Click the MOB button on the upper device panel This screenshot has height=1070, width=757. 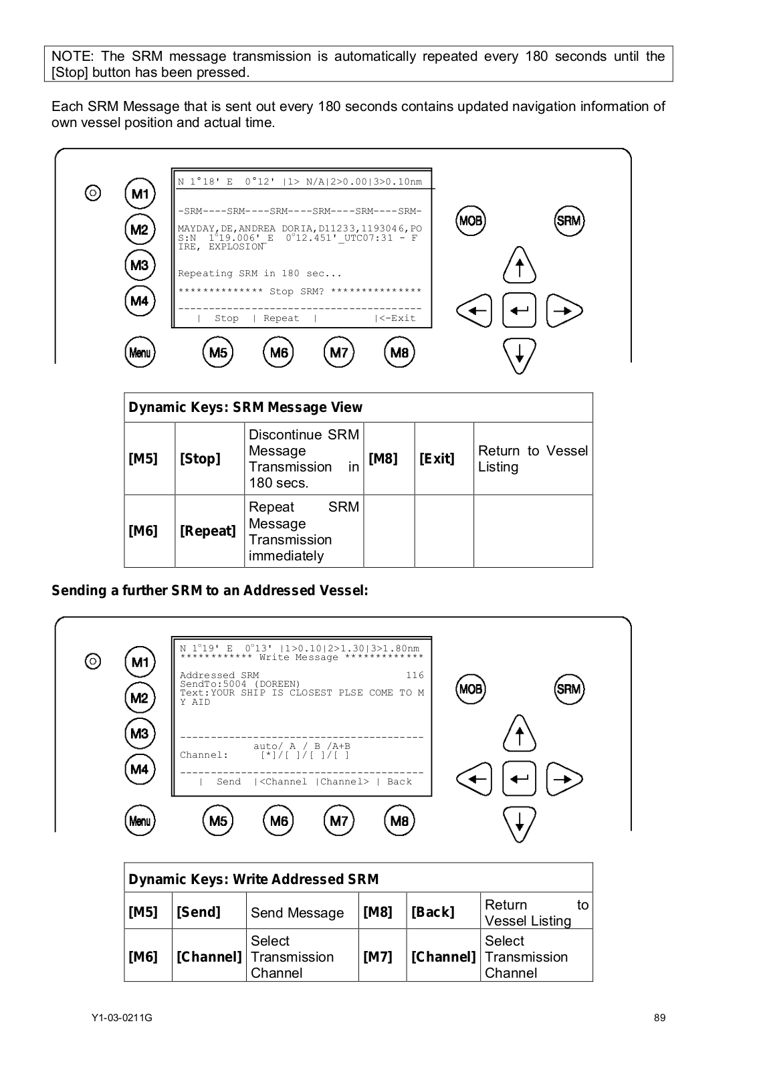(471, 221)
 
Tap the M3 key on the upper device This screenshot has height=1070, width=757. (140, 265)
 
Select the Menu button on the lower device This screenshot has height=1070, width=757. (140, 821)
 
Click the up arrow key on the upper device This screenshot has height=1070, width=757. (520, 265)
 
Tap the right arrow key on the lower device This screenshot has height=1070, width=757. (564, 779)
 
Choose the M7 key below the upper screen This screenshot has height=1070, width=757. (339, 352)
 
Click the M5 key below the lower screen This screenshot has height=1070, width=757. (218, 821)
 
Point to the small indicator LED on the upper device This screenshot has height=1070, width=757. (94, 193)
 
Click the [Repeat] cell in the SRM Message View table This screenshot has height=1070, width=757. (208, 531)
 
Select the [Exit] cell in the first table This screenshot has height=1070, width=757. (437, 459)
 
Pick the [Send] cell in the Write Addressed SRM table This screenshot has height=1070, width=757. (199, 912)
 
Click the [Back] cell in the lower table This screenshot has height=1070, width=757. (433, 912)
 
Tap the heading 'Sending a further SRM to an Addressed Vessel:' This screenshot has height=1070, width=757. (210, 591)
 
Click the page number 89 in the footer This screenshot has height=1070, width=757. (659, 1018)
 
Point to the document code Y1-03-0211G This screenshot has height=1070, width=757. (122, 1018)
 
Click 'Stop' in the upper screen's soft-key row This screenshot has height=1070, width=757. (227, 318)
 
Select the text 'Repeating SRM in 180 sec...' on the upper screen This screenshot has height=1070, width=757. (259, 274)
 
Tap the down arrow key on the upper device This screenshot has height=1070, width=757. (520, 356)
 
